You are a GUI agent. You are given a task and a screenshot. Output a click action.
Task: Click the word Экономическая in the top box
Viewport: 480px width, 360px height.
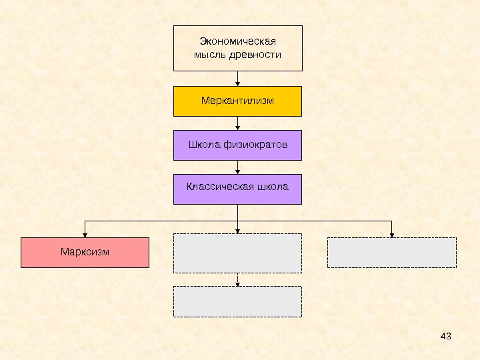237,41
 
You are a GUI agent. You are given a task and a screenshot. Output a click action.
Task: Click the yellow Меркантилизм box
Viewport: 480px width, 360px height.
237,101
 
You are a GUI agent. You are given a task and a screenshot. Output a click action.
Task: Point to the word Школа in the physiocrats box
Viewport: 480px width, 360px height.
203,145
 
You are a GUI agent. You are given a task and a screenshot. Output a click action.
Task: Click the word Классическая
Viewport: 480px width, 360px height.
217,187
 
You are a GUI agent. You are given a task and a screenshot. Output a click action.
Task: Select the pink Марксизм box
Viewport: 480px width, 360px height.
85,253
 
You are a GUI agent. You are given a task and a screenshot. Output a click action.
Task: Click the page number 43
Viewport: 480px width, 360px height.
447,335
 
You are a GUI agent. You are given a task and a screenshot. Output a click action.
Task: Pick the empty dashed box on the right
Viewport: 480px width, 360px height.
391,253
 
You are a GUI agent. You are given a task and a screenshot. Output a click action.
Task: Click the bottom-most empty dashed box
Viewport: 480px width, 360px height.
237,301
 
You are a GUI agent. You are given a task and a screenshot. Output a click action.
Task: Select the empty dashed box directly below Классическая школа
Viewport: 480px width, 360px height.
237,253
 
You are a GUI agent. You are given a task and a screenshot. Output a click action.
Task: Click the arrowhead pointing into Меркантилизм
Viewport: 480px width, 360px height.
238,83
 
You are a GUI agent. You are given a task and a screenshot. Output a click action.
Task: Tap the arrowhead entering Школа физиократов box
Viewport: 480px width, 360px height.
238,127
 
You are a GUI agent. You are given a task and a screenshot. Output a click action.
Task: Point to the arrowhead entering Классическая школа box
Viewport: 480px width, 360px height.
238,171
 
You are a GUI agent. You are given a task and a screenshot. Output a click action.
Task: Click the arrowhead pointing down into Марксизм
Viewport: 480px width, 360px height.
85,234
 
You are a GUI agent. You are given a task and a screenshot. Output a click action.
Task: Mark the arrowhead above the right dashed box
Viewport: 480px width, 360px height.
391,234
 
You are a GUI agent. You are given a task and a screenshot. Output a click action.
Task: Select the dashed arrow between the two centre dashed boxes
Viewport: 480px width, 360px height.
238,279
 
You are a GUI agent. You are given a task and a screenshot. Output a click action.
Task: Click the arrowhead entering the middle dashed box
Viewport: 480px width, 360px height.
238,231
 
